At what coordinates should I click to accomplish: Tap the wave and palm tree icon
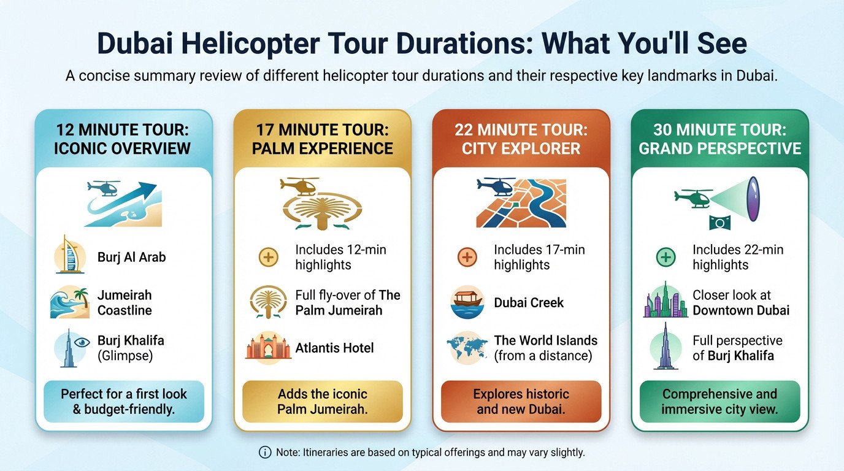coord(69,301)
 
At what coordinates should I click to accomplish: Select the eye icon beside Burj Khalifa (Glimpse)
coord(69,347)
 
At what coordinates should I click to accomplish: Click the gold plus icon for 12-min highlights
coord(268,257)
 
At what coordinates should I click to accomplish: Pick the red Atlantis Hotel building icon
coord(268,347)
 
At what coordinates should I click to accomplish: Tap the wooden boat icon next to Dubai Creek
coord(467,302)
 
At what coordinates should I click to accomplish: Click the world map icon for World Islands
coord(467,347)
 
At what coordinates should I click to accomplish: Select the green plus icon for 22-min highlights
coord(666,257)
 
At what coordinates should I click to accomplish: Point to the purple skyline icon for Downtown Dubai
coord(666,301)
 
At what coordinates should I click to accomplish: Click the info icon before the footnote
coord(264,453)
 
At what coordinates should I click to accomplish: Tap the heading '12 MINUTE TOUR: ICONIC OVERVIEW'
coord(123,139)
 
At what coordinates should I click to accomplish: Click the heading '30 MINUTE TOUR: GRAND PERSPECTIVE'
coord(719,139)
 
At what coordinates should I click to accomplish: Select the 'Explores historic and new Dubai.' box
coord(521,401)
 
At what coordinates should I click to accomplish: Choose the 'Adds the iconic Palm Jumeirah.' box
coord(322,401)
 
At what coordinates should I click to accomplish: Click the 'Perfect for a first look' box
coord(123,401)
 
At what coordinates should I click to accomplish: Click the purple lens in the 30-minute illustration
coord(753,198)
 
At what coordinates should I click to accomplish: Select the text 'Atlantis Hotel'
coord(334,348)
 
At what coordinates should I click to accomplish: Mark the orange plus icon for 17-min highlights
coord(467,257)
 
